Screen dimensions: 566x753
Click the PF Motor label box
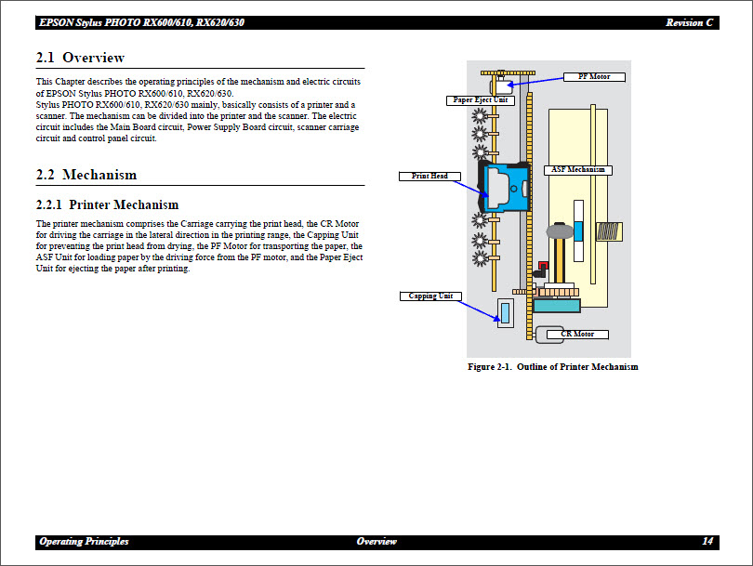click(594, 77)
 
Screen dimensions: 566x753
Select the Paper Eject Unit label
click(480, 100)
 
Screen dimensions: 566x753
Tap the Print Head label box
click(429, 176)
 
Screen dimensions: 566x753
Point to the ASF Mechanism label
click(577, 170)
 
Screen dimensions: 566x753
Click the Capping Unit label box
click(431, 296)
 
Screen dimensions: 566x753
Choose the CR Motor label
click(576, 334)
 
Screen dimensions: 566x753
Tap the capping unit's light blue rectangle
click(505, 312)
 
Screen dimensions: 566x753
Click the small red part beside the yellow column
click(543, 266)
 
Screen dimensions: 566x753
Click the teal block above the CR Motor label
click(557, 305)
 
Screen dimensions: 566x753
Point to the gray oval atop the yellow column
click(561, 229)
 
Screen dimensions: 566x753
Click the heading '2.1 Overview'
click(80, 58)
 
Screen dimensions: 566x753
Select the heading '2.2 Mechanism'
click(86, 175)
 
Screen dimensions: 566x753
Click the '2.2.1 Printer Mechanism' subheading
click(107, 204)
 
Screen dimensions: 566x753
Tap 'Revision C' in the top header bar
click(690, 22)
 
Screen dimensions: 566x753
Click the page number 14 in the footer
click(707, 541)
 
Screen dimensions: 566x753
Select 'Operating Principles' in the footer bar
click(84, 541)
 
